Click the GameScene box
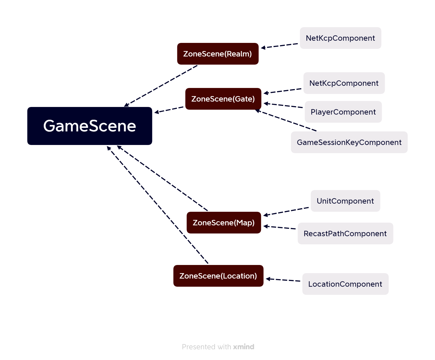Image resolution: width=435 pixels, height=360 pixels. coord(90,126)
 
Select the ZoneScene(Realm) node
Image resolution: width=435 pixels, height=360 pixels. coord(217,54)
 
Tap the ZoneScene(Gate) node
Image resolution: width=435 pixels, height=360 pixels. coord(223,99)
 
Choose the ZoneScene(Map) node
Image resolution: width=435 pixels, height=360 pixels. coord(223,223)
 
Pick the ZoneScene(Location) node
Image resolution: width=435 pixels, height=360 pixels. coord(218,276)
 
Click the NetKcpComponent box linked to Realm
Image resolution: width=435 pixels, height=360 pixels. coord(340,38)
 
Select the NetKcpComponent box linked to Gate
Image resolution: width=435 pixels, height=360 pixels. coord(344,83)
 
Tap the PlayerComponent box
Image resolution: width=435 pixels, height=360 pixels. coord(343,112)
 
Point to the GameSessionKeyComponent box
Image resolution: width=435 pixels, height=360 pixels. coord(349,142)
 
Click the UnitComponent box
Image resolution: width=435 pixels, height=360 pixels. coord(345,201)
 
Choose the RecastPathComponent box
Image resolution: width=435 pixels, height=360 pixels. coord(345,233)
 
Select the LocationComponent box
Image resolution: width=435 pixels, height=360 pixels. coord(345,284)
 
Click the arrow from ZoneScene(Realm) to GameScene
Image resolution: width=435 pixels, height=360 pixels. coord(161,86)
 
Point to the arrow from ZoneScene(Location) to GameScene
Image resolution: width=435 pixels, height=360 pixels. coord(157,205)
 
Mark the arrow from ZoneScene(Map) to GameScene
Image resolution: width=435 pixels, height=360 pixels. coord(162,178)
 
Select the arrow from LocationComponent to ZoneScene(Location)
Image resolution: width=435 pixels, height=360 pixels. coord(283,280)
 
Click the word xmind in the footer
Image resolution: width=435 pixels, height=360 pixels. coord(244,347)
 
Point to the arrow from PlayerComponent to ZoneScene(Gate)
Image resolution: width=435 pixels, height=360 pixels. coord(283,105)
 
